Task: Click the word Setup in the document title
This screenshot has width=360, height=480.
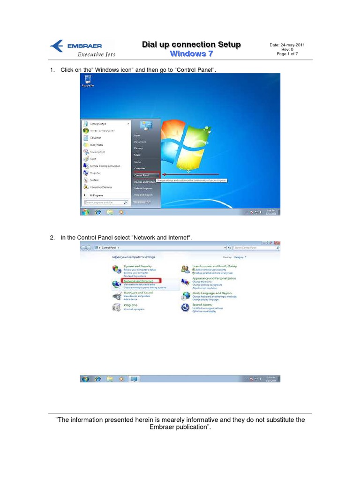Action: (226, 45)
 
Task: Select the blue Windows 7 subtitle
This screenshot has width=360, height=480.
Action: (191, 53)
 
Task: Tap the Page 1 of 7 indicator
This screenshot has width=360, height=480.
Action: (287, 54)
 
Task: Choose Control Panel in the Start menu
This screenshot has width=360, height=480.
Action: (142, 175)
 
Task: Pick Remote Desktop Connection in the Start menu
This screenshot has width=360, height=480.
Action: (104, 166)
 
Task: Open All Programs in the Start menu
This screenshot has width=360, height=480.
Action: (96, 195)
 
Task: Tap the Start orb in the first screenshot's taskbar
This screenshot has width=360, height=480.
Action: (86, 212)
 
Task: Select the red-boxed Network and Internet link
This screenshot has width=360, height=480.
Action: (141, 281)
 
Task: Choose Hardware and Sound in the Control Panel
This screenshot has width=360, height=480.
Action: (137, 292)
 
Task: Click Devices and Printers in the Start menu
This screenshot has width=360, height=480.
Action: (144, 181)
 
